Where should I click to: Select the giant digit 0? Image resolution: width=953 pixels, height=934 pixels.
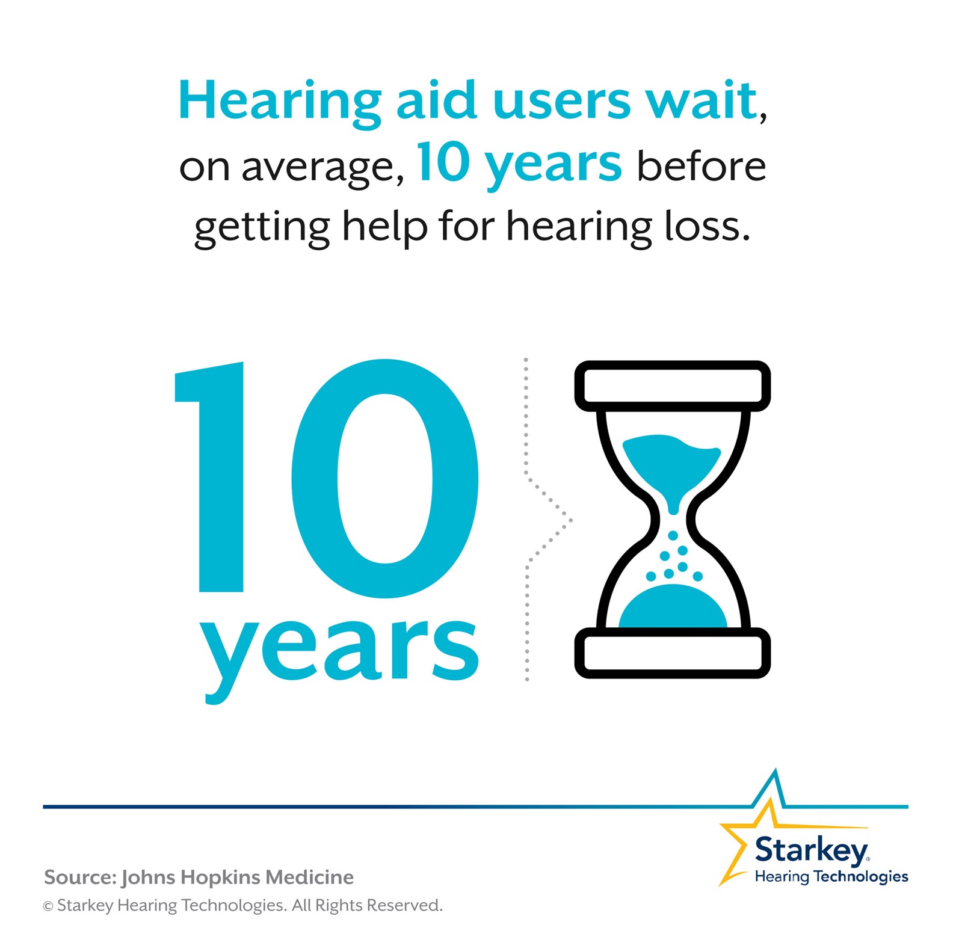click(385, 478)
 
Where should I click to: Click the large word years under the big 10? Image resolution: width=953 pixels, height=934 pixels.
click(340, 653)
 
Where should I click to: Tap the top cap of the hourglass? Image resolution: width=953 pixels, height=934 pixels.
click(672, 386)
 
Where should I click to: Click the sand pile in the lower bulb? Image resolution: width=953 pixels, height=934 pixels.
click(673, 607)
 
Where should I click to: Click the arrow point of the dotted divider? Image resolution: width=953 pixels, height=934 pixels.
click(569, 520)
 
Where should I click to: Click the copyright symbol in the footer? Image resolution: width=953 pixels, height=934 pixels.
click(48, 906)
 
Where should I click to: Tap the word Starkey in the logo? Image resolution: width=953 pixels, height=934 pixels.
click(810, 850)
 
